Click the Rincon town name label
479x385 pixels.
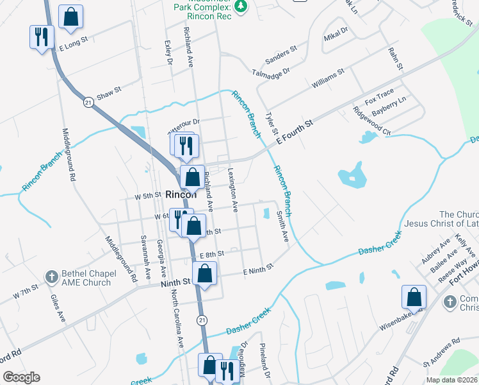point(181,194)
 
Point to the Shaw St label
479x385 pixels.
point(108,95)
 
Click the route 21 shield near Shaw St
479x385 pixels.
point(87,101)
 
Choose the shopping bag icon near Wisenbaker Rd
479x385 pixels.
point(414,296)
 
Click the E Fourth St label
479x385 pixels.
point(293,131)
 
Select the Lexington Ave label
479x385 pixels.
point(233,190)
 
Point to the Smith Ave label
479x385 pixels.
point(281,227)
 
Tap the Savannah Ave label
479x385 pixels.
point(145,262)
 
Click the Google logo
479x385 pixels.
point(21,377)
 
